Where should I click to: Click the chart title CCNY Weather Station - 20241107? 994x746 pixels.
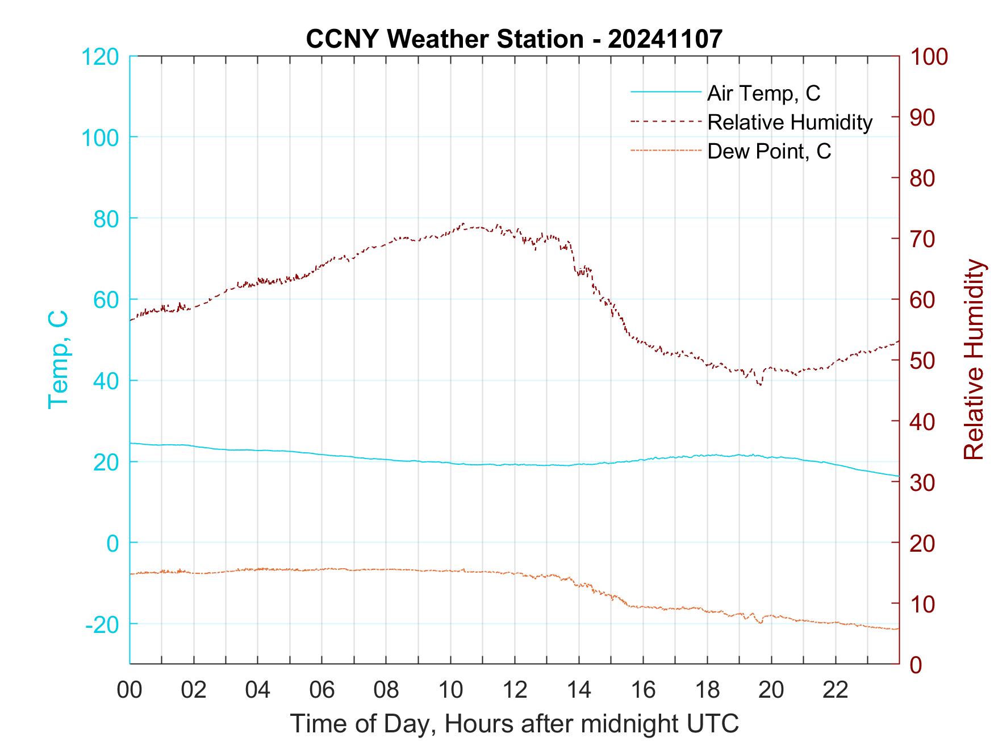(514, 39)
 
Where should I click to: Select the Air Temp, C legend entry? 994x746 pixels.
(763, 93)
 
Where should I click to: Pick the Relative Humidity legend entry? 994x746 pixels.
(790, 122)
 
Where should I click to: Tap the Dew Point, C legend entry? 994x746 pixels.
(769, 151)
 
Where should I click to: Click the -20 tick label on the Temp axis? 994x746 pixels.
(102, 624)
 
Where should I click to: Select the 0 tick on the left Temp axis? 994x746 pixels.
(113, 543)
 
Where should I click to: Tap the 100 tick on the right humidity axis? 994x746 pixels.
(929, 57)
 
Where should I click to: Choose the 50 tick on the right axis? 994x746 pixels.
(923, 361)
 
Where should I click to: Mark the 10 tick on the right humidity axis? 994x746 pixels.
(923, 604)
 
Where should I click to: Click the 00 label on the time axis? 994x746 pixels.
(130, 690)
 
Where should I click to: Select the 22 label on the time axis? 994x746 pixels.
(836, 690)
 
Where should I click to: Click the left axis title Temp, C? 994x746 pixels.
(58, 360)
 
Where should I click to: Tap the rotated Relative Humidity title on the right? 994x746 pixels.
(974, 360)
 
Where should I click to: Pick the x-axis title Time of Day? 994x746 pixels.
(514, 724)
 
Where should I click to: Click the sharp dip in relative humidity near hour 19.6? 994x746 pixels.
(760, 385)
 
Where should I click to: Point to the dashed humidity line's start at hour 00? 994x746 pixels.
(131, 320)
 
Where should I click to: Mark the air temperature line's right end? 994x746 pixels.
(899, 476)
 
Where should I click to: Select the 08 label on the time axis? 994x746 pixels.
(386, 690)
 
